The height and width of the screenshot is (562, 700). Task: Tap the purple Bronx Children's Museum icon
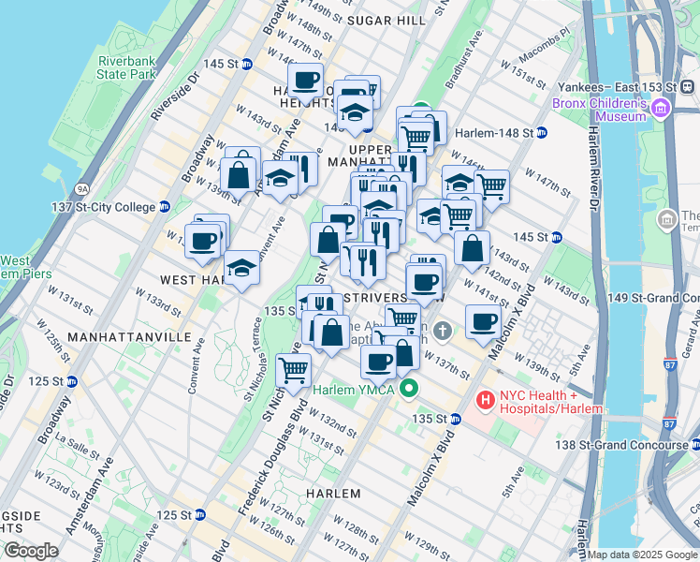coord(661,109)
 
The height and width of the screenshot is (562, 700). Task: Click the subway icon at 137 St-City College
coord(165,207)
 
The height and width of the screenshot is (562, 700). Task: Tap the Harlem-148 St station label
coord(493,132)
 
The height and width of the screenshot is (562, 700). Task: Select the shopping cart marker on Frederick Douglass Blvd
coord(294,370)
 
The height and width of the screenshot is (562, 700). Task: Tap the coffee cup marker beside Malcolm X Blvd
coord(483,322)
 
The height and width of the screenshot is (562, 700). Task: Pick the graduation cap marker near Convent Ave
coord(241,269)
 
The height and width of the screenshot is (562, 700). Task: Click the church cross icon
coord(443,330)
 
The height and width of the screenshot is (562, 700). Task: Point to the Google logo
coord(31,551)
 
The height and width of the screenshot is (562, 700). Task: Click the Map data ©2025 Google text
coord(641,555)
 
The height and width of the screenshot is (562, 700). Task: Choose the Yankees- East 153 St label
coord(619,86)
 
